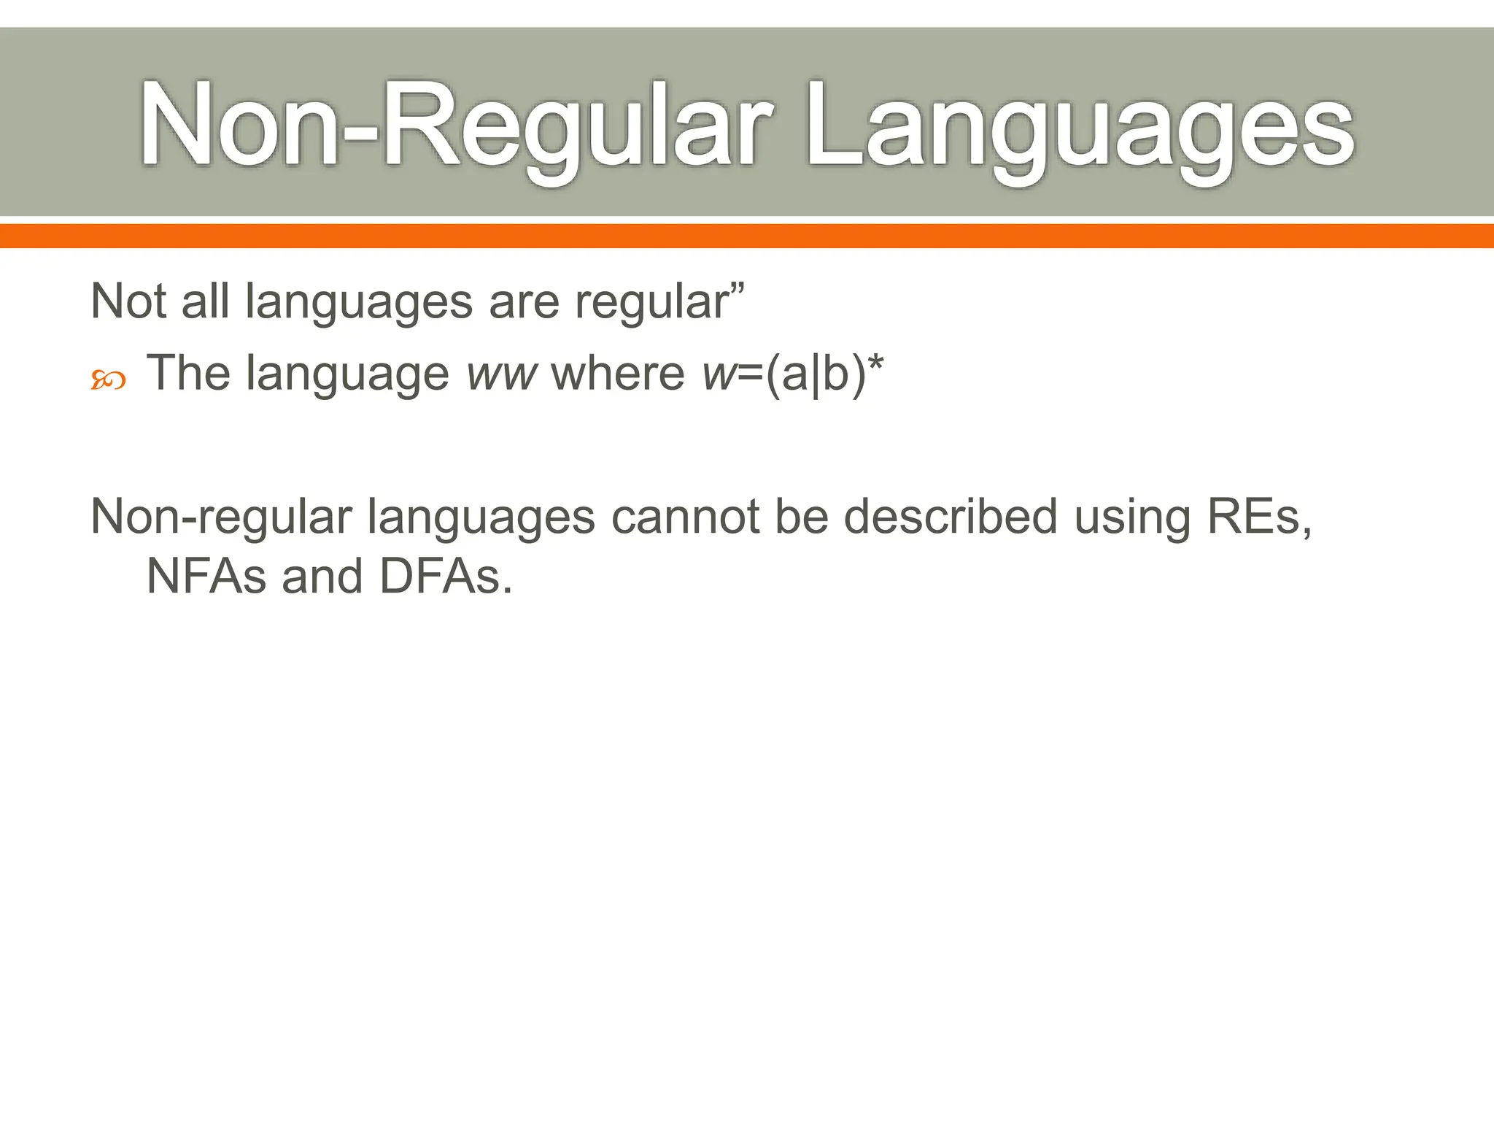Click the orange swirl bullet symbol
pyautogui.click(x=108, y=380)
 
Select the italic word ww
pyautogui.click(x=502, y=374)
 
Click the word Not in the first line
pyautogui.click(x=130, y=301)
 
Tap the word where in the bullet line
pyautogui.click(x=617, y=374)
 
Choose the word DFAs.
pyautogui.click(x=446, y=577)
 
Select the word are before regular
pyautogui.click(x=524, y=302)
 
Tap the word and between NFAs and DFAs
pyautogui.click(x=322, y=577)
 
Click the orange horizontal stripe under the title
pyautogui.click(x=747, y=236)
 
